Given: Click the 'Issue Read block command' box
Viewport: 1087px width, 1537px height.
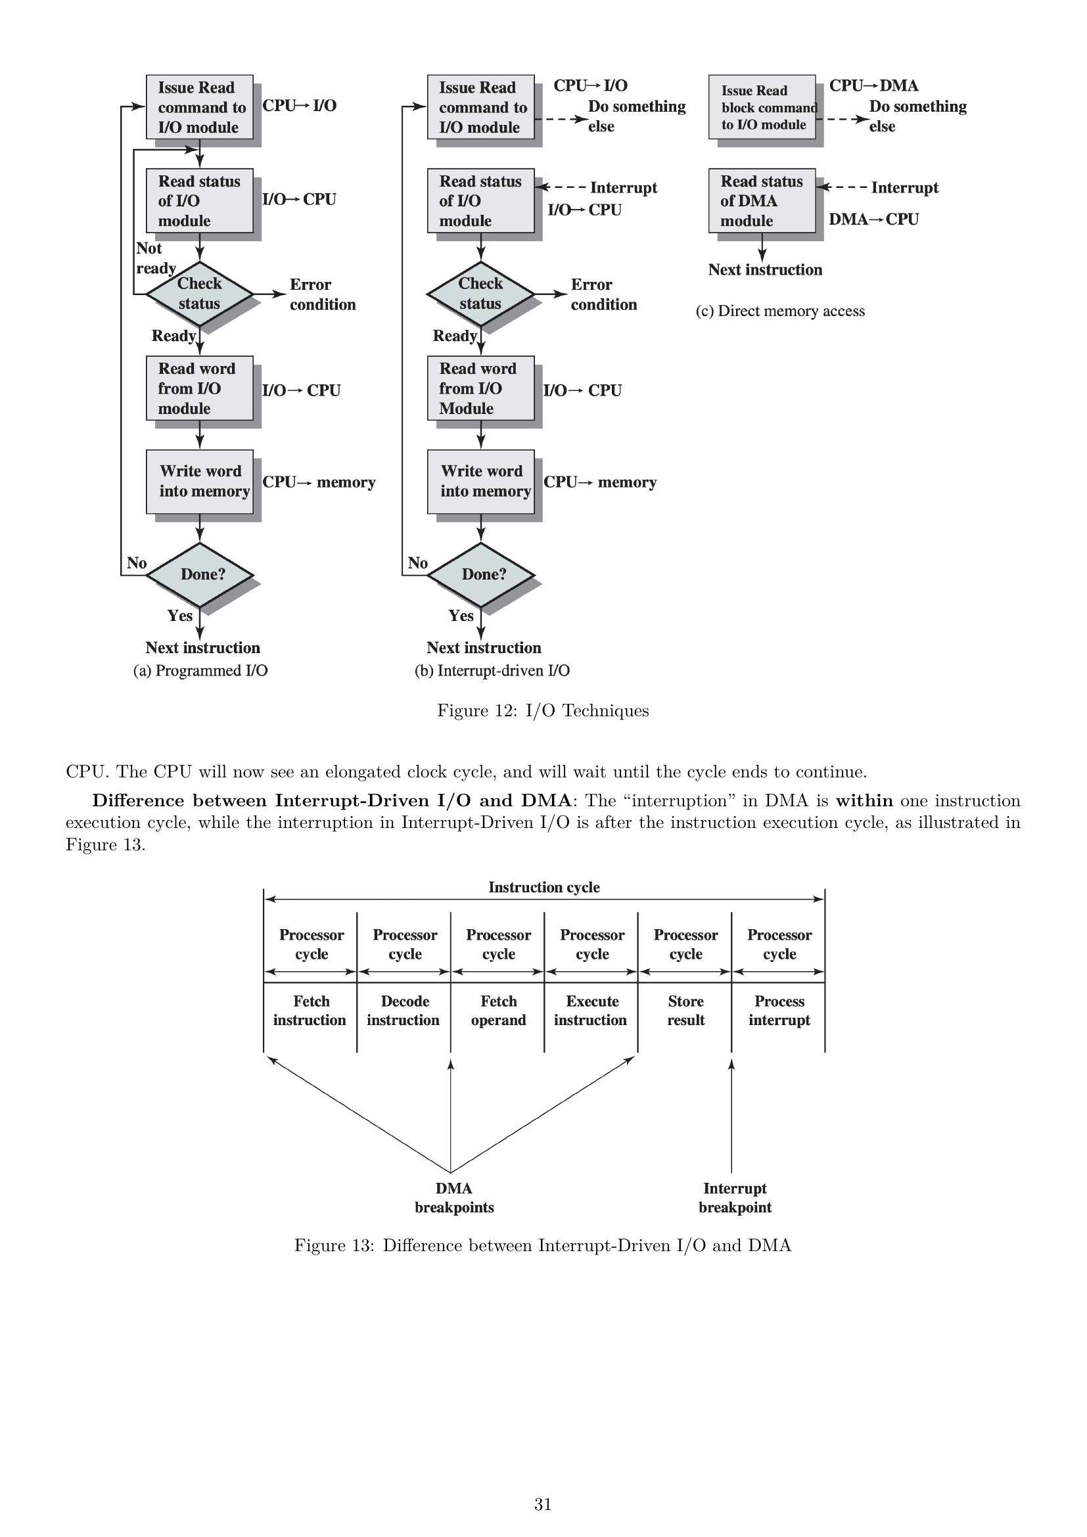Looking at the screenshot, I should tap(762, 107).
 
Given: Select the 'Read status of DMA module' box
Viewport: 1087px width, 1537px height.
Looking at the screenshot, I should tap(762, 201).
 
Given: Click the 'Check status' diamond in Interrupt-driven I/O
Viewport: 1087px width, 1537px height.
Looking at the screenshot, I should tap(480, 294).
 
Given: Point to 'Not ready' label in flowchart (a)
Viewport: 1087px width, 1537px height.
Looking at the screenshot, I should tap(154, 258).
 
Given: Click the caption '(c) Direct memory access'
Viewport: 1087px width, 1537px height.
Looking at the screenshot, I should tap(780, 311).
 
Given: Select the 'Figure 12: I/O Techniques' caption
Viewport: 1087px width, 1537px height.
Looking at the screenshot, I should tap(543, 710).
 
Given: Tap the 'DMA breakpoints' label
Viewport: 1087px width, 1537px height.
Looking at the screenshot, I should tap(454, 1198).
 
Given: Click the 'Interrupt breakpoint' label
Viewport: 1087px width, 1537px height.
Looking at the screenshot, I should tap(735, 1198).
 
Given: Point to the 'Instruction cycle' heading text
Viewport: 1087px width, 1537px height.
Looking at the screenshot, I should tap(543, 887).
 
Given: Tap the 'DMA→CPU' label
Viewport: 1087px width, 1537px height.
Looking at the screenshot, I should tap(873, 219).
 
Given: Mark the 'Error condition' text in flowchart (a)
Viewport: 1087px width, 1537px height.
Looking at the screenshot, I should tap(323, 294).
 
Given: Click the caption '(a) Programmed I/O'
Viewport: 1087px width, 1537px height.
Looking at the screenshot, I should tap(200, 671).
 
